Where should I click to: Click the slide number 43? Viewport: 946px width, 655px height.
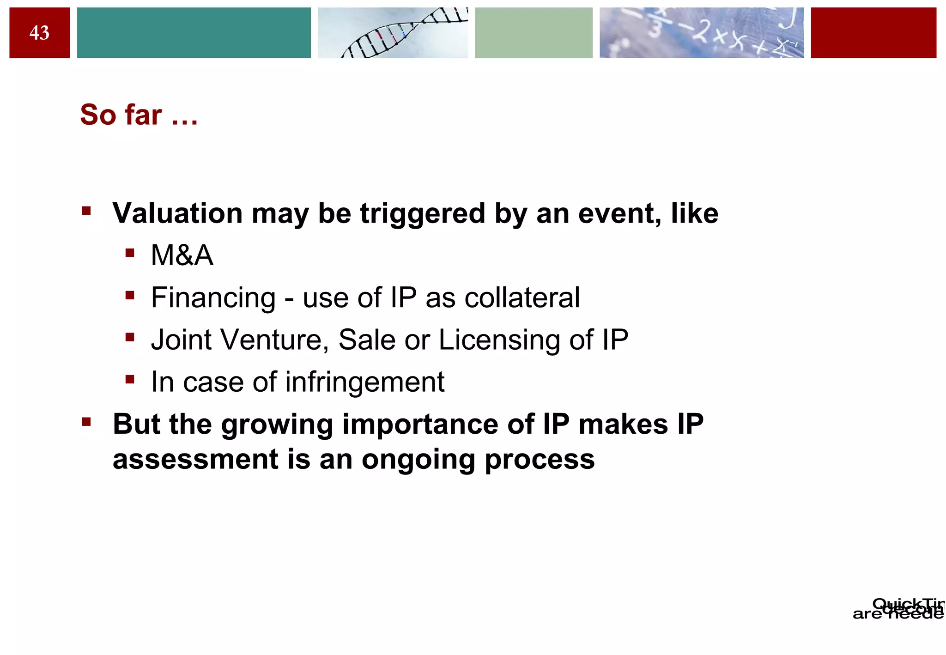click(x=39, y=33)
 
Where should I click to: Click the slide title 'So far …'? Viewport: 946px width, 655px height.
click(x=139, y=115)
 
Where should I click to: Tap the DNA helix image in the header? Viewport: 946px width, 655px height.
click(x=393, y=33)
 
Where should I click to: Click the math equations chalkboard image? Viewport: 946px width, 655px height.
click(x=701, y=33)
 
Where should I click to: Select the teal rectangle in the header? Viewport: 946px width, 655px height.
click(x=194, y=33)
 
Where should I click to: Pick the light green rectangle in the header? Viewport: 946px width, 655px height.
click(x=534, y=33)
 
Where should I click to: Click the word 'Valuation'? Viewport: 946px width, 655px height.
click(x=177, y=213)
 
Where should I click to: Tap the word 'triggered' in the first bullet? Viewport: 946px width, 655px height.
click(x=422, y=214)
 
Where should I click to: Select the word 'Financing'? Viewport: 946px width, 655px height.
click(x=213, y=298)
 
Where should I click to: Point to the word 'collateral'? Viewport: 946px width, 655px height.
click(x=522, y=297)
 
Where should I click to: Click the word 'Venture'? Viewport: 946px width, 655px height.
click(x=275, y=340)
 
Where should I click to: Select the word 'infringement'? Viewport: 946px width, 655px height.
click(x=364, y=382)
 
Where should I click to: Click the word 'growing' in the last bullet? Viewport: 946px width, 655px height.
click(x=277, y=425)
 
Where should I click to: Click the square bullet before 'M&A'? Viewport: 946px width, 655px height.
click(x=130, y=253)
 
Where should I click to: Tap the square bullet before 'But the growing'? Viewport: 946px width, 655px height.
click(x=86, y=422)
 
